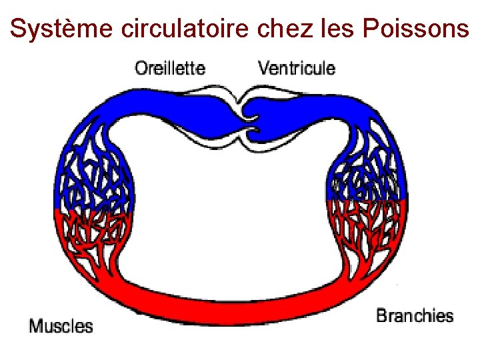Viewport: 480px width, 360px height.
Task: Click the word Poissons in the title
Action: pos(409,29)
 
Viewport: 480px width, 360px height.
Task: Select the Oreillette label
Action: pos(170,67)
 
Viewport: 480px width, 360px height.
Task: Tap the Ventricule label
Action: pos(297,67)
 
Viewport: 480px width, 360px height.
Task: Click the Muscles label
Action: pos(61,326)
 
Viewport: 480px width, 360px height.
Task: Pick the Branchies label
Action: pos(415,315)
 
